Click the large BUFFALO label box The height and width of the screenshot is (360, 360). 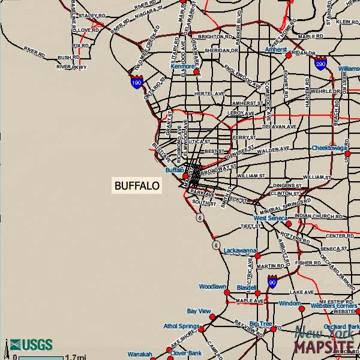137,186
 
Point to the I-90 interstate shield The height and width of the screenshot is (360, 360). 272,281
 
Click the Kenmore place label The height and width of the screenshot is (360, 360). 182,67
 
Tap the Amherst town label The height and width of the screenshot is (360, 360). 277,50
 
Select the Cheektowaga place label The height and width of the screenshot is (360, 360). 329,148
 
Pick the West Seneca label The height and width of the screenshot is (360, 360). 271,218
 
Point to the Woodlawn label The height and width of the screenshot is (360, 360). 212,287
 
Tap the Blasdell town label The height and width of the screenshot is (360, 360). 247,287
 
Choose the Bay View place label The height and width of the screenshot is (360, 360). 199,311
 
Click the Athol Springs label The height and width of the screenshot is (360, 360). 181,326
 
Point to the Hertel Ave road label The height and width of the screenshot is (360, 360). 209,94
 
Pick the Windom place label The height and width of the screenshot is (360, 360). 290,304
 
